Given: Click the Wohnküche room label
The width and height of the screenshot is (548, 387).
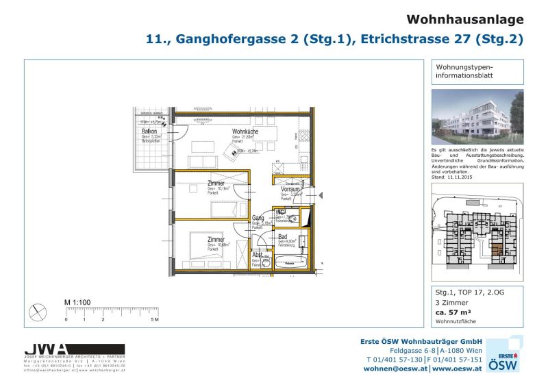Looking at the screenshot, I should [245, 132].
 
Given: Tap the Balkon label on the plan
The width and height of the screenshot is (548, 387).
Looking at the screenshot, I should [149, 131].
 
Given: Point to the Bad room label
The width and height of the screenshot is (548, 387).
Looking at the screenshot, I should [282, 236].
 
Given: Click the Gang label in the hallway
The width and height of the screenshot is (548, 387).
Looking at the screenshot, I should [258, 219].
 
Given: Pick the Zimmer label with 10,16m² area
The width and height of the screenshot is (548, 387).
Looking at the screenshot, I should [216, 183].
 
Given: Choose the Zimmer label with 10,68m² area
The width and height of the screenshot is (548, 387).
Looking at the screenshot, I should [216, 239].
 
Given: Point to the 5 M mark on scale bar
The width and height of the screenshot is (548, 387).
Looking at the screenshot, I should [155, 320].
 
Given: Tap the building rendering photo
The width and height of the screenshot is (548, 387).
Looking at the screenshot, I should [477, 116].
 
